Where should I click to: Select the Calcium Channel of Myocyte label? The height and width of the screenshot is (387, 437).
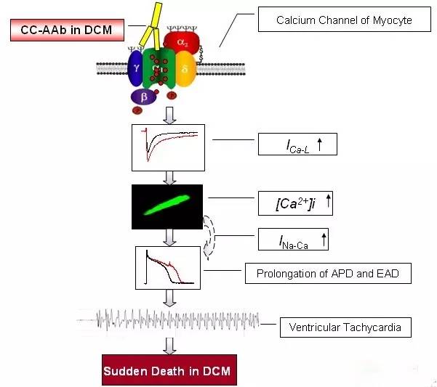tap(344, 20)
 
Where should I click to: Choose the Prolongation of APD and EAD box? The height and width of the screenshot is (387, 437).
tap(333, 274)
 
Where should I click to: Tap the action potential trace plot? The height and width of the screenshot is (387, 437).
tap(167, 268)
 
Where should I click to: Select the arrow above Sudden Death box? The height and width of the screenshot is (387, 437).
tap(169, 343)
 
